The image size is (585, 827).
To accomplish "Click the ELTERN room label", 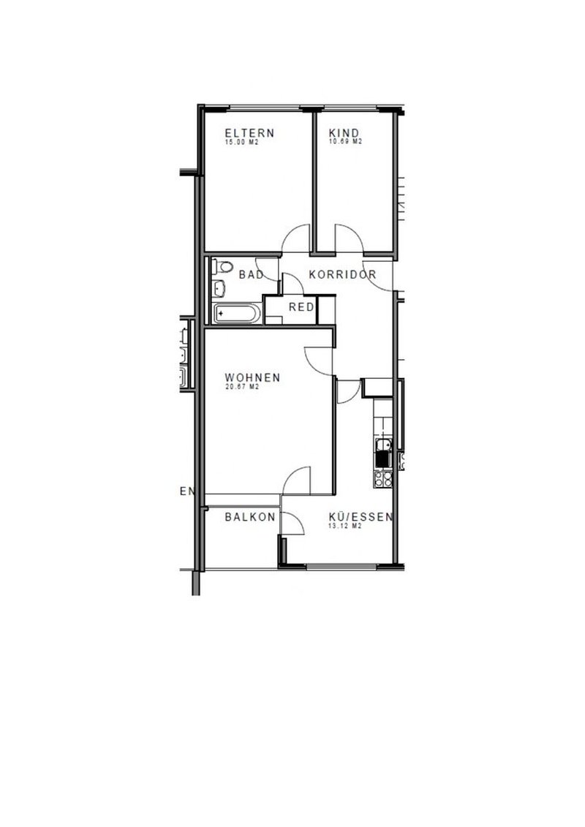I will [x=249, y=133].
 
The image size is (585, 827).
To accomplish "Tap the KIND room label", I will [x=344, y=133].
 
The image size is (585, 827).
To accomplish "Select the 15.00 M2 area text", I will [x=242, y=143].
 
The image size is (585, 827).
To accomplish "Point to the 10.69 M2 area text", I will [x=346, y=143].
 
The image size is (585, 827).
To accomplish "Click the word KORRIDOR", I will [x=342, y=275].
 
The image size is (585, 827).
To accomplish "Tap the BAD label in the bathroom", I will [x=251, y=275].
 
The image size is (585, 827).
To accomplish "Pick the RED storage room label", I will [x=301, y=307].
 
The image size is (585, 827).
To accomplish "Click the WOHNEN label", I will [x=253, y=377].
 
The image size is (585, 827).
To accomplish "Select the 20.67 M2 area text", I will [x=243, y=387].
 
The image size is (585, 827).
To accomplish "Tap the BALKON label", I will [x=250, y=516].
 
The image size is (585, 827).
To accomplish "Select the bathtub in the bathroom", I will [x=235, y=314].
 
